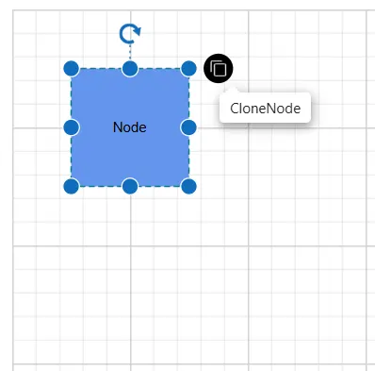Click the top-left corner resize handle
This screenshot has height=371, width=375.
point(72,69)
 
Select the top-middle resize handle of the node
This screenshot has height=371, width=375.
point(130,69)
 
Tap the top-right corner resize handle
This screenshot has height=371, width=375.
point(188,69)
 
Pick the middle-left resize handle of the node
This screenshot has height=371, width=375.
point(72,127)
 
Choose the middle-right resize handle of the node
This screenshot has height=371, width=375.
point(188,127)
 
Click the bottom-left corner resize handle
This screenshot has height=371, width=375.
point(72,186)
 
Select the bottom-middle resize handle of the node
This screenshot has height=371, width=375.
point(130,186)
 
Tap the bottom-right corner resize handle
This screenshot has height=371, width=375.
point(188,186)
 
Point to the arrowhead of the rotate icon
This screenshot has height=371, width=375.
point(138,31)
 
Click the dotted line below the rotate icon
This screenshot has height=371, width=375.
point(130,52)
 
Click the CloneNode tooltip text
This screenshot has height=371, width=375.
point(266,109)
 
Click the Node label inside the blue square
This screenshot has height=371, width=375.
point(130,127)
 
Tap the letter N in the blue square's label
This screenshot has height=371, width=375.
point(117,127)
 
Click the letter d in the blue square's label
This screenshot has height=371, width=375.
point(134,127)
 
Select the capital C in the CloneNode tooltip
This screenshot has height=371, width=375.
point(235,109)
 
